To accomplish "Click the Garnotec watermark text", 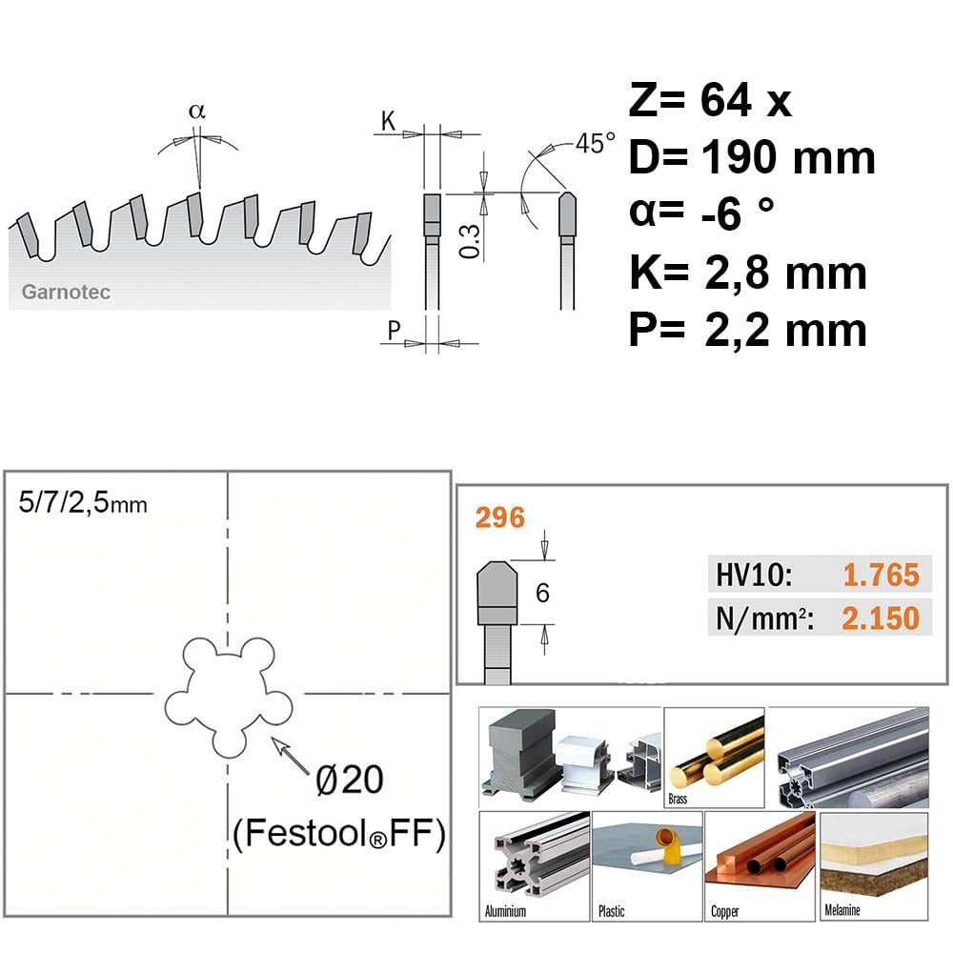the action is coord(66,292).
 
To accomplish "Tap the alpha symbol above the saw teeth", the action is coord(197,112).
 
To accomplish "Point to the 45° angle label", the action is coord(595,144).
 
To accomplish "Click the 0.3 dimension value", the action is coord(470,241).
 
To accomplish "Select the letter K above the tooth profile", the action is coord(388,121).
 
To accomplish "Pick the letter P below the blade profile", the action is coord(394,331).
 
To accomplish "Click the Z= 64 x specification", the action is coord(710,100).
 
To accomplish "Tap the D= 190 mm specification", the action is coord(752,157).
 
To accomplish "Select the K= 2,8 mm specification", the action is coord(747,273).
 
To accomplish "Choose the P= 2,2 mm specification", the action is coord(747,330).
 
